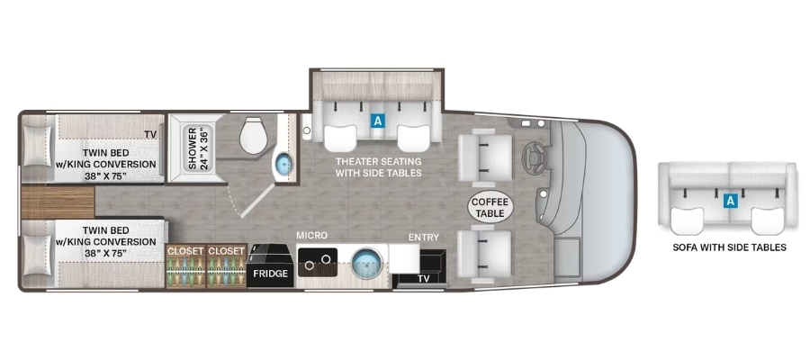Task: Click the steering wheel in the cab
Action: pyautogui.click(x=534, y=157)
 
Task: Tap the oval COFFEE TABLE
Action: pyautogui.click(x=491, y=207)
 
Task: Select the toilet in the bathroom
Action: pyautogui.click(x=253, y=135)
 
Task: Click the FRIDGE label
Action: pyautogui.click(x=270, y=274)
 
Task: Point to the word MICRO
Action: pyautogui.click(x=312, y=236)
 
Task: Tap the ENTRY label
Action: pyautogui.click(x=424, y=238)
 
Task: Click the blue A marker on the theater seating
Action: pyautogui.click(x=378, y=121)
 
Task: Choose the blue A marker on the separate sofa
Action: pyautogui.click(x=730, y=201)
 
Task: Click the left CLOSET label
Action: pyautogui.click(x=184, y=251)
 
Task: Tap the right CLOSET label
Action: pyautogui.click(x=226, y=251)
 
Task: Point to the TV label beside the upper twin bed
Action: pyautogui.click(x=150, y=135)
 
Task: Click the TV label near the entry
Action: pyautogui.click(x=423, y=278)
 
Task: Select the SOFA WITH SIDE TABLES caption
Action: pyautogui.click(x=729, y=247)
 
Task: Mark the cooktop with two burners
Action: pyautogui.click(x=318, y=262)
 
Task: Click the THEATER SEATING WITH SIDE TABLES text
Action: pyautogui.click(x=379, y=166)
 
